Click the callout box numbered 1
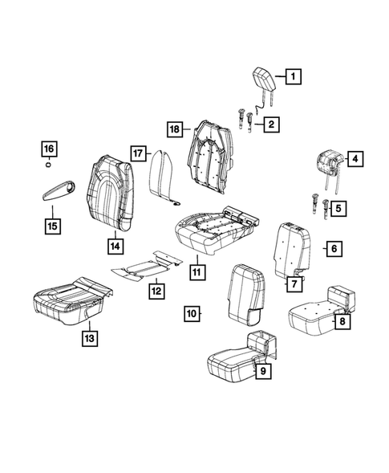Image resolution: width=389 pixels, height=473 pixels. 294,77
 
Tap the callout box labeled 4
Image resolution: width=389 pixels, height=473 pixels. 355,159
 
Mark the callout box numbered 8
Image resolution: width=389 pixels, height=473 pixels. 342,322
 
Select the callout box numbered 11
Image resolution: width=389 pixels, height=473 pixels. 195,271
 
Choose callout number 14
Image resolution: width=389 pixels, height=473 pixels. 115,246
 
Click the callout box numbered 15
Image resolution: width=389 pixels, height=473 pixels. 51,226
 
